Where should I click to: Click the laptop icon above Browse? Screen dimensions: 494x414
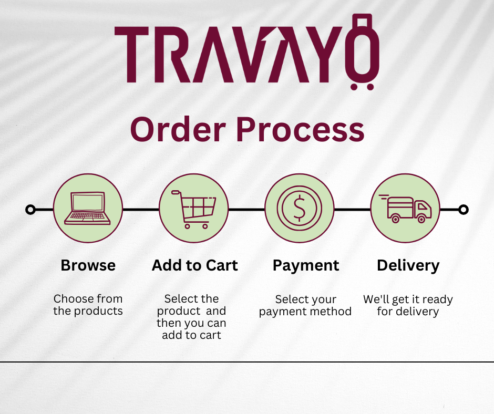[x=87, y=208]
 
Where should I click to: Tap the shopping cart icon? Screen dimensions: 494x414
[x=194, y=209]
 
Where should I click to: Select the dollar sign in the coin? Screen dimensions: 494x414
[x=300, y=208]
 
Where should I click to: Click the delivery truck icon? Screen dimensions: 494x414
[x=406, y=209]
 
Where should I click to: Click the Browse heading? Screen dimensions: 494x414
[x=88, y=265]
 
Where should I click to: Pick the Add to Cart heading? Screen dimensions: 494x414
[x=194, y=265]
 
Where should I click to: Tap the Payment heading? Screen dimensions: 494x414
[x=306, y=266]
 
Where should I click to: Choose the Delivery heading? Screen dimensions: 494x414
[x=408, y=266]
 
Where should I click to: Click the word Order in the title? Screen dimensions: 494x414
[x=178, y=129]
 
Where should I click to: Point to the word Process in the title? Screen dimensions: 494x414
[x=300, y=129]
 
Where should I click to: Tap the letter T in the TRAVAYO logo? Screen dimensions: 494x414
[x=131, y=55]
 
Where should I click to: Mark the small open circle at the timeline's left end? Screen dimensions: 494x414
[x=30, y=210]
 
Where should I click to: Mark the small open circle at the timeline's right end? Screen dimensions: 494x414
[x=464, y=210]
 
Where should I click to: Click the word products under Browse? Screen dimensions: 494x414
[x=98, y=311]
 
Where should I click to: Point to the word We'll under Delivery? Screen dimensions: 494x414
[x=376, y=299]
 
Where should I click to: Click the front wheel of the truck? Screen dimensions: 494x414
[x=421, y=219]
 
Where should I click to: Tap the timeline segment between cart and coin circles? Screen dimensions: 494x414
[x=246, y=210]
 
